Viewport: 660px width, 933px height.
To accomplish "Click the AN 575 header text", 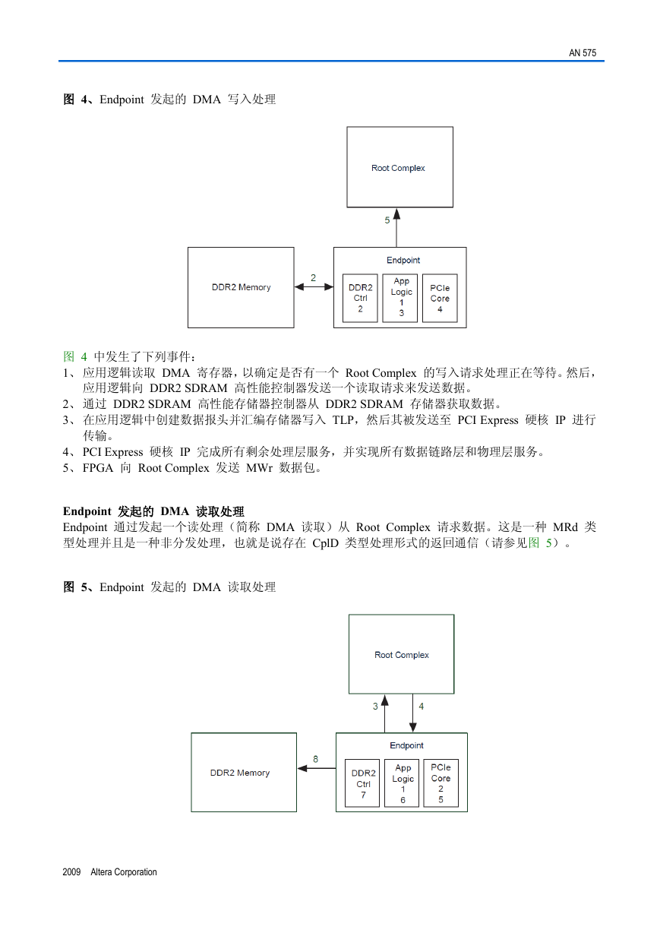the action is pos(582,53).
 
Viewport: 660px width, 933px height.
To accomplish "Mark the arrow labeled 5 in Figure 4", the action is pos(396,228).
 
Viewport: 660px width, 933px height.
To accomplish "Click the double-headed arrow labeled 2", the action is pos(314,286).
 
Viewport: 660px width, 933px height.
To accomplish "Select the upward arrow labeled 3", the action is pos(385,713).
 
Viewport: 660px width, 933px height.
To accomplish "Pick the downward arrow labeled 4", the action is pos(412,713).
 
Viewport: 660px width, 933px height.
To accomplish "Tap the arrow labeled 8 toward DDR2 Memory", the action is pos(317,768).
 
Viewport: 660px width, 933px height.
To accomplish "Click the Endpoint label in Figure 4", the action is pos(403,261).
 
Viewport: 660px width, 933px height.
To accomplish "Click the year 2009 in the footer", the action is pos(71,871).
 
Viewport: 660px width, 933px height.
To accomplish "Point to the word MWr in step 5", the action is pos(259,468).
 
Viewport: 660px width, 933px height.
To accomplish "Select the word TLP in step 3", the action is pos(343,420).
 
